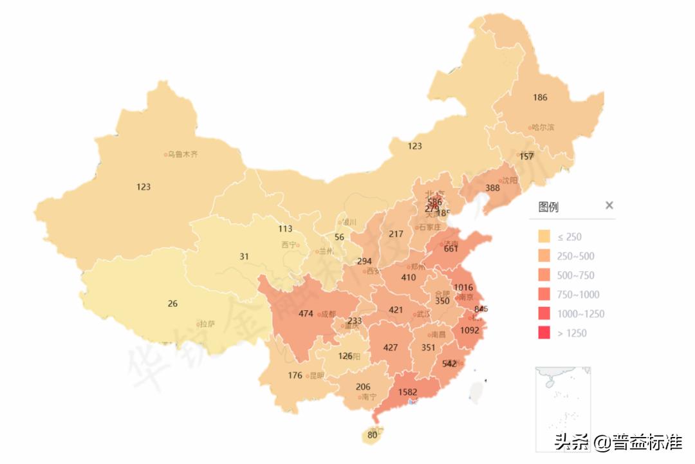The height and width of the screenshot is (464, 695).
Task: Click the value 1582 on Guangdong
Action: (408, 392)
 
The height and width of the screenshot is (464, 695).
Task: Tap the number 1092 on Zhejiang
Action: (469, 331)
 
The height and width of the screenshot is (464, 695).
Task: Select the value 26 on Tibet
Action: (172, 304)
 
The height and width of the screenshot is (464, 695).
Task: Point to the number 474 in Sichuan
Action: (306, 314)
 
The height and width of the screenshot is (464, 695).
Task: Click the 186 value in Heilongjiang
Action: (540, 98)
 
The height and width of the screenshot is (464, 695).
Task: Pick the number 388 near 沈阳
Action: (492, 188)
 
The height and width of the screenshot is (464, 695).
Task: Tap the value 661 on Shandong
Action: (450, 249)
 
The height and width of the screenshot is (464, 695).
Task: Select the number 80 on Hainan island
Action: (372, 435)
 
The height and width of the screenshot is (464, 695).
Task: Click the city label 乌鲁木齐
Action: (183, 154)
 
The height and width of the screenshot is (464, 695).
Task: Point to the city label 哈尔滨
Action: (542, 127)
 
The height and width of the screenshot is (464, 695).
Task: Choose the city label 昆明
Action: (317, 376)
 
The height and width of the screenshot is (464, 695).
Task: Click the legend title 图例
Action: (548, 207)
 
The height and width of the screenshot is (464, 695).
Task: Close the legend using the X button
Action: (609, 206)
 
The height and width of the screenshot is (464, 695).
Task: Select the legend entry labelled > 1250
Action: (571, 333)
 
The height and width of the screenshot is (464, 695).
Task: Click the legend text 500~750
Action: (577, 275)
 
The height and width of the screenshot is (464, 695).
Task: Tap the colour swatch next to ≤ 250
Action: (544, 237)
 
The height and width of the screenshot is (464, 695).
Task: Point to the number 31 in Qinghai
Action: (244, 256)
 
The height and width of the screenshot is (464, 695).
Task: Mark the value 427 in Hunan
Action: (390, 348)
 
